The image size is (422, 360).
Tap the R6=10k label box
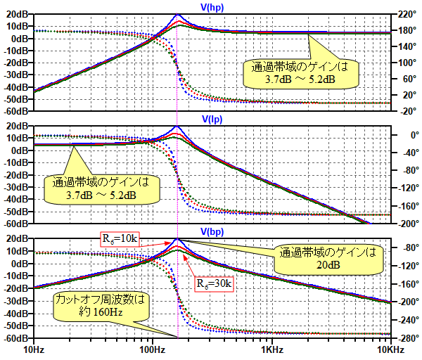[119, 239]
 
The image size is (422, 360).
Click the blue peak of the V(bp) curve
[178, 239]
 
